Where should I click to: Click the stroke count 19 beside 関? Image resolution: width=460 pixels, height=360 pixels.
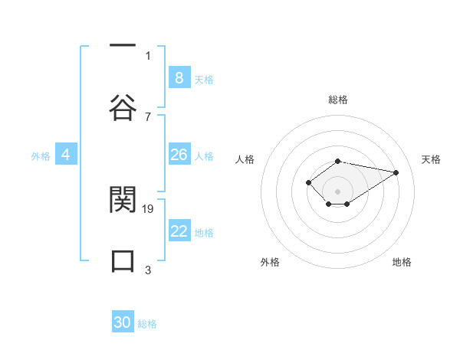149,208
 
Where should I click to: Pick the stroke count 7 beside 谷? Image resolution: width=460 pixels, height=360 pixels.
148,116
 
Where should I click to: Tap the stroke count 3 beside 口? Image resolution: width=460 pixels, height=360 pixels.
148,270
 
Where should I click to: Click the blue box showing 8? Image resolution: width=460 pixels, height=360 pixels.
179,77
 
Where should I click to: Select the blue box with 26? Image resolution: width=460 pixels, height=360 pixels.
179,155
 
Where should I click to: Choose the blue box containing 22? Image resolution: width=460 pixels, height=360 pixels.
179,231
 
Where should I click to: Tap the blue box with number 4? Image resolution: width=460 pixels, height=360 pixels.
66,155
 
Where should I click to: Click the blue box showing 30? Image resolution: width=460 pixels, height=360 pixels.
123,322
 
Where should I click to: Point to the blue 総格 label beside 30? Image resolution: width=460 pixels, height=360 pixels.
147,324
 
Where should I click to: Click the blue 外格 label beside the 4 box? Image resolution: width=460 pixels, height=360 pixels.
41,156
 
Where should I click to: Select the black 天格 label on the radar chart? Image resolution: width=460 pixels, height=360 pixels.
432,159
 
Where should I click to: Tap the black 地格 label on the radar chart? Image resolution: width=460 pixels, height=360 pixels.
402,262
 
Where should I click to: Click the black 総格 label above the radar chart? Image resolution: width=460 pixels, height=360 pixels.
337,100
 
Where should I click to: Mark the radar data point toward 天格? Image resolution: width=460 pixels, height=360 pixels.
396,172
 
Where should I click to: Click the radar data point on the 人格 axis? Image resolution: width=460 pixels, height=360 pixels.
308,182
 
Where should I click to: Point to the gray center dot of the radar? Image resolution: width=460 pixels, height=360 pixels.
337,191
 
